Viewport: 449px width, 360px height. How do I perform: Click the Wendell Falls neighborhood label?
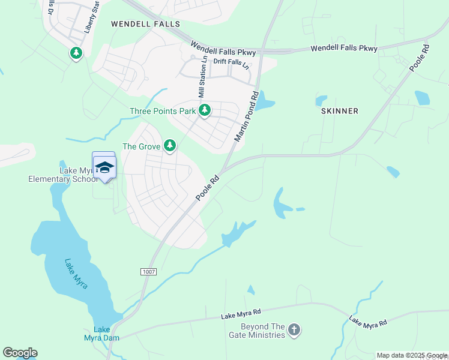[x=145, y=24]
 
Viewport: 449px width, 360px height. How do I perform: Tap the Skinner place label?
[x=340, y=111]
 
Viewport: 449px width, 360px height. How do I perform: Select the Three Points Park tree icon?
[x=205, y=110]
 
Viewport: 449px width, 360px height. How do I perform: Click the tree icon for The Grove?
[x=170, y=145]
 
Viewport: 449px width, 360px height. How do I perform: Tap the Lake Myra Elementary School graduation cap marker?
[x=104, y=167]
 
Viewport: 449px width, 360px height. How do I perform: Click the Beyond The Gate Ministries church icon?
[x=294, y=329]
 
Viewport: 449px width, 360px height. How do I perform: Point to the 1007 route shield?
[x=149, y=272]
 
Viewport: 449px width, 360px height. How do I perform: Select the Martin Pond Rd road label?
[x=246, y=116]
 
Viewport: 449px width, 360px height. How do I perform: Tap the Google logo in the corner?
[x=20, y=353]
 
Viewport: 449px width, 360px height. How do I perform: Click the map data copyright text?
[x=412, y=355]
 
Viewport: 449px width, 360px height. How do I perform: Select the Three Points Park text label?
[x=163, y=111]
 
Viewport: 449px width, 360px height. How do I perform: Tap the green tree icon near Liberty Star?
[x=76, y=53]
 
